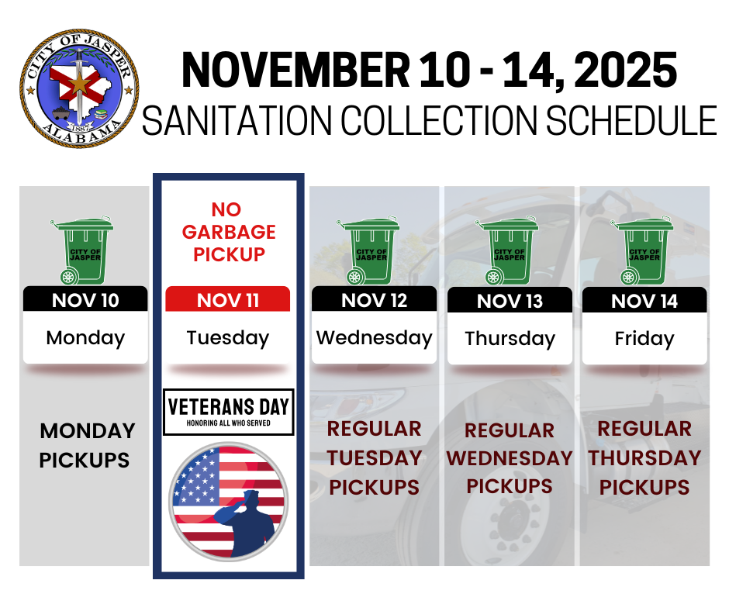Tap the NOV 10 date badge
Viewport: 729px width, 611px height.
tap(85, 300)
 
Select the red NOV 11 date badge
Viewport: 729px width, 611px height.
tap(228, 300)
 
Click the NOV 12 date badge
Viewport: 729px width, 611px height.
tap(374, 300)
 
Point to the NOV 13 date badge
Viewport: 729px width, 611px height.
tap(510, 301)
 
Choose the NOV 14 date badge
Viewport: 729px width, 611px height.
tap(644, 301)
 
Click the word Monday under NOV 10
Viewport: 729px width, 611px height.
tap(85, 338)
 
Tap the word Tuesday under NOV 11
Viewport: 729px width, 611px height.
tap(228, 338)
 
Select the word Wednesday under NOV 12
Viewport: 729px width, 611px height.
tap(374, 338)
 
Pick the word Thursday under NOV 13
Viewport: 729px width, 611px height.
tap(510, 339)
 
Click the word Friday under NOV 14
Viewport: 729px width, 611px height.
tap(644, 339)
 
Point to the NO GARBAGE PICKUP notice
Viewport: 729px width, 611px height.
tap(228, 232)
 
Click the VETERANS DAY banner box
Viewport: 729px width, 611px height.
tap(228, 412)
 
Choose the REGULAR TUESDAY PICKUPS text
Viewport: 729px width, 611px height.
tap(374, 458)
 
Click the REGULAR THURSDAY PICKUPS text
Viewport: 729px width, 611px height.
tap(644, 458)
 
